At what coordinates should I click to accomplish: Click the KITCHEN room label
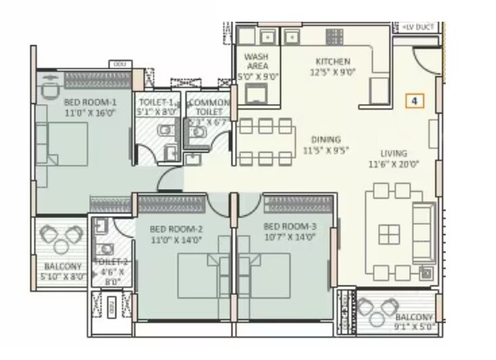pos(332,62)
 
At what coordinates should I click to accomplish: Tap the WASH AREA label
pos(256,61)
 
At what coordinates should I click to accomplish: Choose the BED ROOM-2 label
pos(176,228)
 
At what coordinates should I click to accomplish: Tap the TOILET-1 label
pos(156,101)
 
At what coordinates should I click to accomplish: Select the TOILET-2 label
pos(111,261)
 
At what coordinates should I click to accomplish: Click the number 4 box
pos(415,101)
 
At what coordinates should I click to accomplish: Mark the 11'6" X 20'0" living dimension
pos(392,164)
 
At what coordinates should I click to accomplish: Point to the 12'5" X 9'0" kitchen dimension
pos(332,73)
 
